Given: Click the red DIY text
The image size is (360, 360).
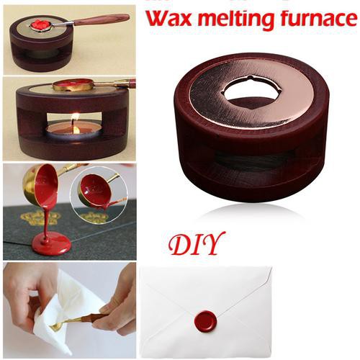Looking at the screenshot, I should [197, 245].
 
